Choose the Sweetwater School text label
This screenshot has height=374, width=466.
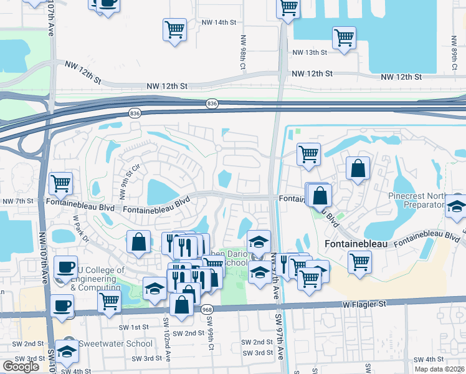pos(115,343)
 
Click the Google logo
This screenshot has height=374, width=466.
pos(21,366)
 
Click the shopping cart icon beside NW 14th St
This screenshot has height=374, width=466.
pos(174,29)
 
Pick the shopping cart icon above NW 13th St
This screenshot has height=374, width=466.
pos(344,37)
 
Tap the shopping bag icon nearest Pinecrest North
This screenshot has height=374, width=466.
pos(358,168)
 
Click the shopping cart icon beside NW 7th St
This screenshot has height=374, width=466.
pos(60,183)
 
